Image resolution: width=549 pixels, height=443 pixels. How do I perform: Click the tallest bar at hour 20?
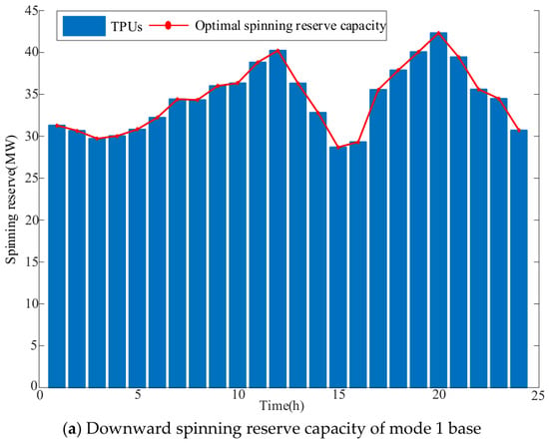(438, 210)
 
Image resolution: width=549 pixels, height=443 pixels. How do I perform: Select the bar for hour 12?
(277, 219)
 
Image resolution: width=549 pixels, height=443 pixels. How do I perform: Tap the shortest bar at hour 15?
(337, 267)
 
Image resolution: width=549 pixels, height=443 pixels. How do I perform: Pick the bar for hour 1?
(57, 256)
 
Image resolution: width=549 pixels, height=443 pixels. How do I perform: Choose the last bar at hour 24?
(519, 258)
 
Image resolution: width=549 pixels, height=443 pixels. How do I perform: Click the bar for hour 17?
(378, 238)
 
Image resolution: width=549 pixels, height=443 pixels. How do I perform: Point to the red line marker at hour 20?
(438, 33)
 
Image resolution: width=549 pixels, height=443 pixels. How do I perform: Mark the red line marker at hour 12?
(277, 50)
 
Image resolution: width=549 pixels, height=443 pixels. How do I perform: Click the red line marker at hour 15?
(337, 148)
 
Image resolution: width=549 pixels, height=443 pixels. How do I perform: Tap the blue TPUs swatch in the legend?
(84, 26)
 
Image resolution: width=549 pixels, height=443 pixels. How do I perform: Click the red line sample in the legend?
(168, 26)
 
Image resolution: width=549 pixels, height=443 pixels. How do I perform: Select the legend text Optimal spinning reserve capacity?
(290, 26)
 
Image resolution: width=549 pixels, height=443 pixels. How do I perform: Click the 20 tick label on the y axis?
(31, 220)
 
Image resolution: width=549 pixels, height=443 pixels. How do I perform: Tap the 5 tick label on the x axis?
(138, 395)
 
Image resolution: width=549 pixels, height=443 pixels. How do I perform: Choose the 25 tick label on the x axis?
(538, 395)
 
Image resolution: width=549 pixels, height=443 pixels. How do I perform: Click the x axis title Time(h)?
(281, 406)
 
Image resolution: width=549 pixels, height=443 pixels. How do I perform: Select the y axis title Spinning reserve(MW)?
(12, 200)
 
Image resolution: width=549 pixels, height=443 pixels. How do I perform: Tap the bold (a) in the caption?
(73, 429)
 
